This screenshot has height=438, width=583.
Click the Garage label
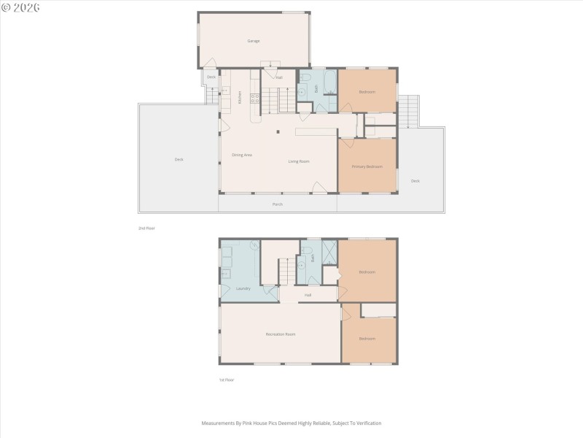(x=253, y=41)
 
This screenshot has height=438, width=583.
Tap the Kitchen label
(x=240, y=96)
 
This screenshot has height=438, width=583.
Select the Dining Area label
(x=242, y=155)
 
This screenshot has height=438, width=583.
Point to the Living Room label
(x=299, y=161)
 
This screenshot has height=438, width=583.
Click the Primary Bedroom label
(x=367, y=166)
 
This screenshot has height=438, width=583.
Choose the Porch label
(x=278, y=204)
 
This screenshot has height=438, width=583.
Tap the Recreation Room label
(x=281, y=334)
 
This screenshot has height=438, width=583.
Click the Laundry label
(x=243, y=288)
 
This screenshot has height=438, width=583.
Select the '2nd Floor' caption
(x=146, y=228)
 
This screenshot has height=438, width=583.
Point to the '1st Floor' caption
(x=227, y=380)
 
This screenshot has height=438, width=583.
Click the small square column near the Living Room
(x=277, y=132)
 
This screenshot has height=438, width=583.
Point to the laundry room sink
(x=254, y=246)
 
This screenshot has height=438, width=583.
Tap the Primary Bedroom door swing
(x=344, y=145)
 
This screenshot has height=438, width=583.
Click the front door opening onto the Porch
(x=319, y=188)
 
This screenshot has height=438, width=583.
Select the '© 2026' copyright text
(x=20, y=7)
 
